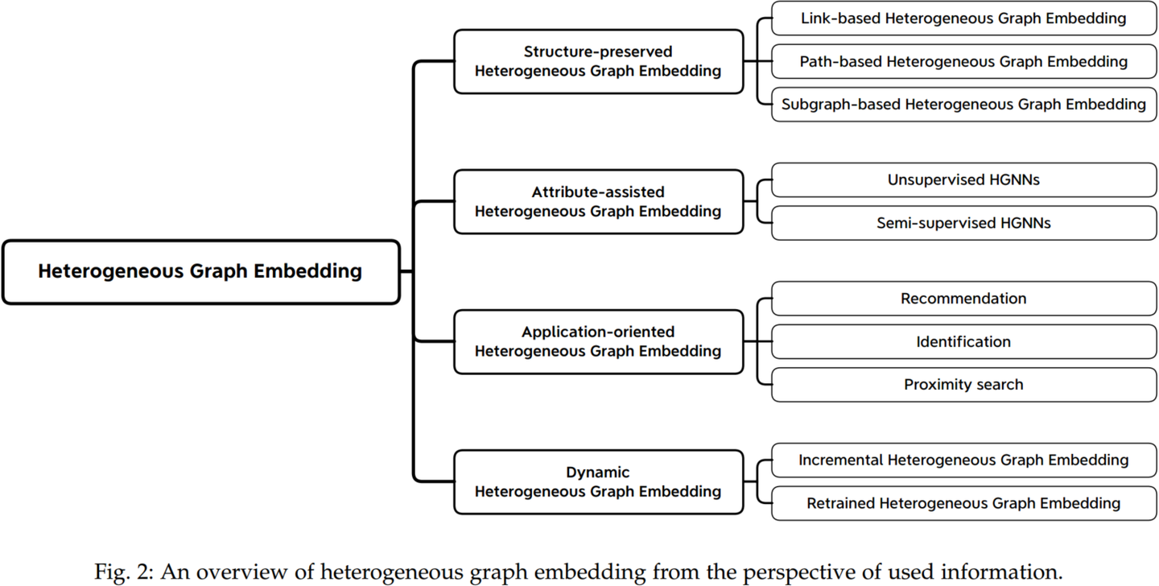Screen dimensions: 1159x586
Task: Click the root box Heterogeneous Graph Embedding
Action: click(201, 272)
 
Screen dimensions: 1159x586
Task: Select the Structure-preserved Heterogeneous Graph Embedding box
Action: click(599, 62)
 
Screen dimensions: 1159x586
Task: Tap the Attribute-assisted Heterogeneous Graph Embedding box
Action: click(599, 201)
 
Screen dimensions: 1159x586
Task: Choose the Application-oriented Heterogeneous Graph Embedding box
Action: click(599, 341)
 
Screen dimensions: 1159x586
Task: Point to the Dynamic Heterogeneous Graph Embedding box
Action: click(599, 482)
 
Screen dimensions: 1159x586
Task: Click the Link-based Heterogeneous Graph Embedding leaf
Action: click(964, 19)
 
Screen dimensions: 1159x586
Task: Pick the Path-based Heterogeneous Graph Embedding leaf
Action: click(964, 62)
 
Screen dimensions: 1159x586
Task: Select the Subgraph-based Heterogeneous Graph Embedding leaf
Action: click(964, 105)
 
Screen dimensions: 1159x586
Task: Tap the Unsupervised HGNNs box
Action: click(964, 180)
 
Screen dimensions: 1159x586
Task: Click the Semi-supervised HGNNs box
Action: click(964, 223)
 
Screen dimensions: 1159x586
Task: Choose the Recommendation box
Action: click(964, 299)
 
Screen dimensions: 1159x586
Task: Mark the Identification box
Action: click(964, 341)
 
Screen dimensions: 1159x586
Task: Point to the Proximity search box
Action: click(964, 385)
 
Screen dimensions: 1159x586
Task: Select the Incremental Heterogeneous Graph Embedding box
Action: click(964, 460)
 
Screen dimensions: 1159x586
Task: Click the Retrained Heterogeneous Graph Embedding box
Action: click(964, 503)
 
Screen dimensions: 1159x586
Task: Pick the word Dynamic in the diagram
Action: click(597, 473)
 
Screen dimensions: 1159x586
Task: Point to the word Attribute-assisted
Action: click(598, 192)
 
